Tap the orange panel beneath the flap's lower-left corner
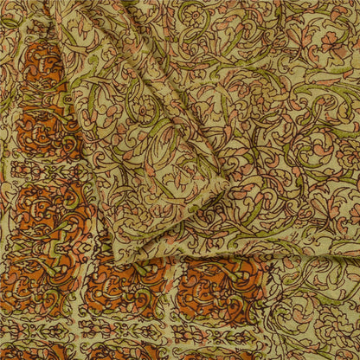(130, 290)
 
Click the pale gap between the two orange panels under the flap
(173, 290)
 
